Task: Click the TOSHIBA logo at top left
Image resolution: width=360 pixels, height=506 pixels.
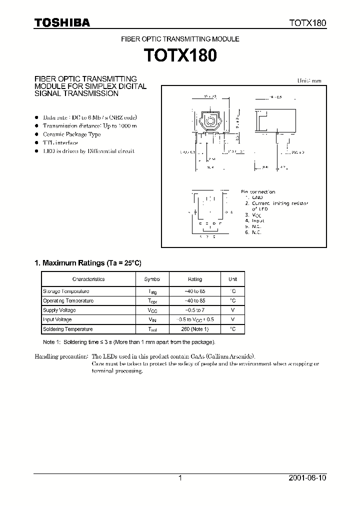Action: point(62,22)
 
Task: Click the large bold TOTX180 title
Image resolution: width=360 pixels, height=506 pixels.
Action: point(180,54)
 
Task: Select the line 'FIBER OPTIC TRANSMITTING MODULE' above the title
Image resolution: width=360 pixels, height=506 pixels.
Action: point(180,38)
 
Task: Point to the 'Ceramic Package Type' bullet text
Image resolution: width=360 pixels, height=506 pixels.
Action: point(71,134)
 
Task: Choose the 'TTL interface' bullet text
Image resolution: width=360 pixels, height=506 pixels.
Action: point(60,142)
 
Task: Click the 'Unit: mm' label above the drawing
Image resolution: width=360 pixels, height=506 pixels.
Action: point(309,80)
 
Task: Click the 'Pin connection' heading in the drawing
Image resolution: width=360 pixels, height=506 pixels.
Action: point(258,191)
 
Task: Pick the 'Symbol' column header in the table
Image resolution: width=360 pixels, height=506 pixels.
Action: point(152,279)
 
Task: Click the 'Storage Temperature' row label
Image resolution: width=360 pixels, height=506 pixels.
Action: point(66,291)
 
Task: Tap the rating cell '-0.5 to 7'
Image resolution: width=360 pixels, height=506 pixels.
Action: point(195,310)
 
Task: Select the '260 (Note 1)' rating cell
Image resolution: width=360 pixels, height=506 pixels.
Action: point(195,329)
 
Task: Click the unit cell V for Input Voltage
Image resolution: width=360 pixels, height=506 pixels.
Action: point(233,319)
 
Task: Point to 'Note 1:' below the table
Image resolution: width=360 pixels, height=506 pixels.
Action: point(51,342)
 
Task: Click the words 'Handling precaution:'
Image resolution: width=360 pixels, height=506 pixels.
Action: point(61,356)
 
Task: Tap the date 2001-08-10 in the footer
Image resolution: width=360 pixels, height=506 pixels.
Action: point(308,478)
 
